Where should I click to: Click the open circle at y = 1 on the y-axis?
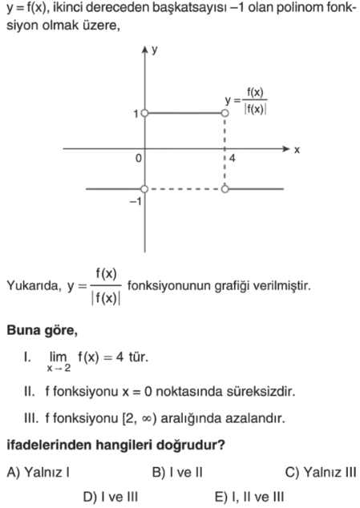[x=144, y=113]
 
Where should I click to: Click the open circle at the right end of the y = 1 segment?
[x=224, y=113]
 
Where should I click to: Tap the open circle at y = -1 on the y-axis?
[x=144, y=189]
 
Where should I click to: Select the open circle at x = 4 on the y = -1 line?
[x=224, y=189]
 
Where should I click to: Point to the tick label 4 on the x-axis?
[x=233, y=159]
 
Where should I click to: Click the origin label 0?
[x=139, y=159]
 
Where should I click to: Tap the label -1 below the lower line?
[x=136, y=202]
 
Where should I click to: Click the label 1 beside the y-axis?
[x=136, y=114]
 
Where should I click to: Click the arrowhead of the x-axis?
[x=286, y=149]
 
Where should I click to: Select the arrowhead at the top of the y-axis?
[x=144, y=49]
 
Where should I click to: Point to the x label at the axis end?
[x=297, y=150]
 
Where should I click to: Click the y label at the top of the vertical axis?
[x=155, y=50]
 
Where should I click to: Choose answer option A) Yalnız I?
[x=38, y=472]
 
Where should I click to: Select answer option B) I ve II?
[x=177, y=472]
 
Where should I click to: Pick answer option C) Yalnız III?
[x=321, y=472]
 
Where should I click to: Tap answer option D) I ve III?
[x=111, y=497]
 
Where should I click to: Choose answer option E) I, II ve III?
[x=249, y=497]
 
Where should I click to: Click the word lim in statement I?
[x=58, y=357]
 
